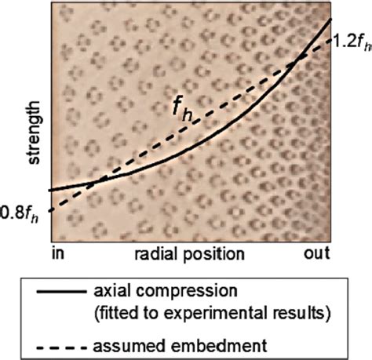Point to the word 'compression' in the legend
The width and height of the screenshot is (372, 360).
click(x=195, y=292)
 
